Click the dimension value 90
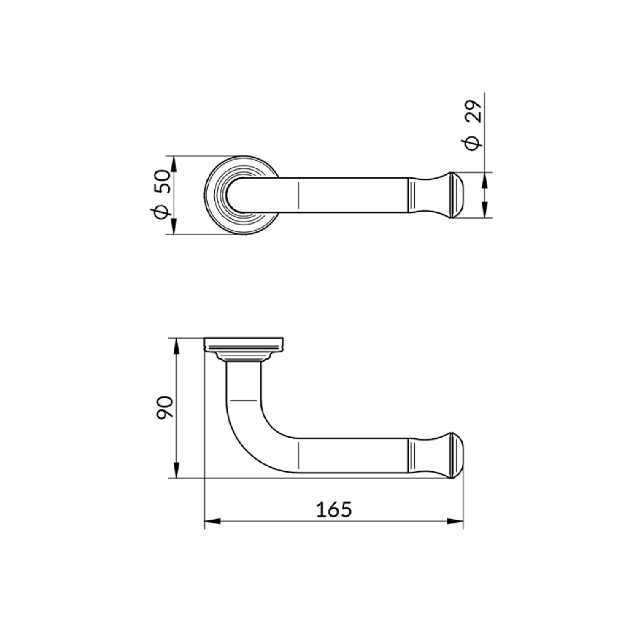tap(164, 408)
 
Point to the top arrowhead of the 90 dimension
tap(176, 346)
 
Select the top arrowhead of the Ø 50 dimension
tap(174, 164)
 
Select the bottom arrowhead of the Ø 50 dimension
tap(174, 227)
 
